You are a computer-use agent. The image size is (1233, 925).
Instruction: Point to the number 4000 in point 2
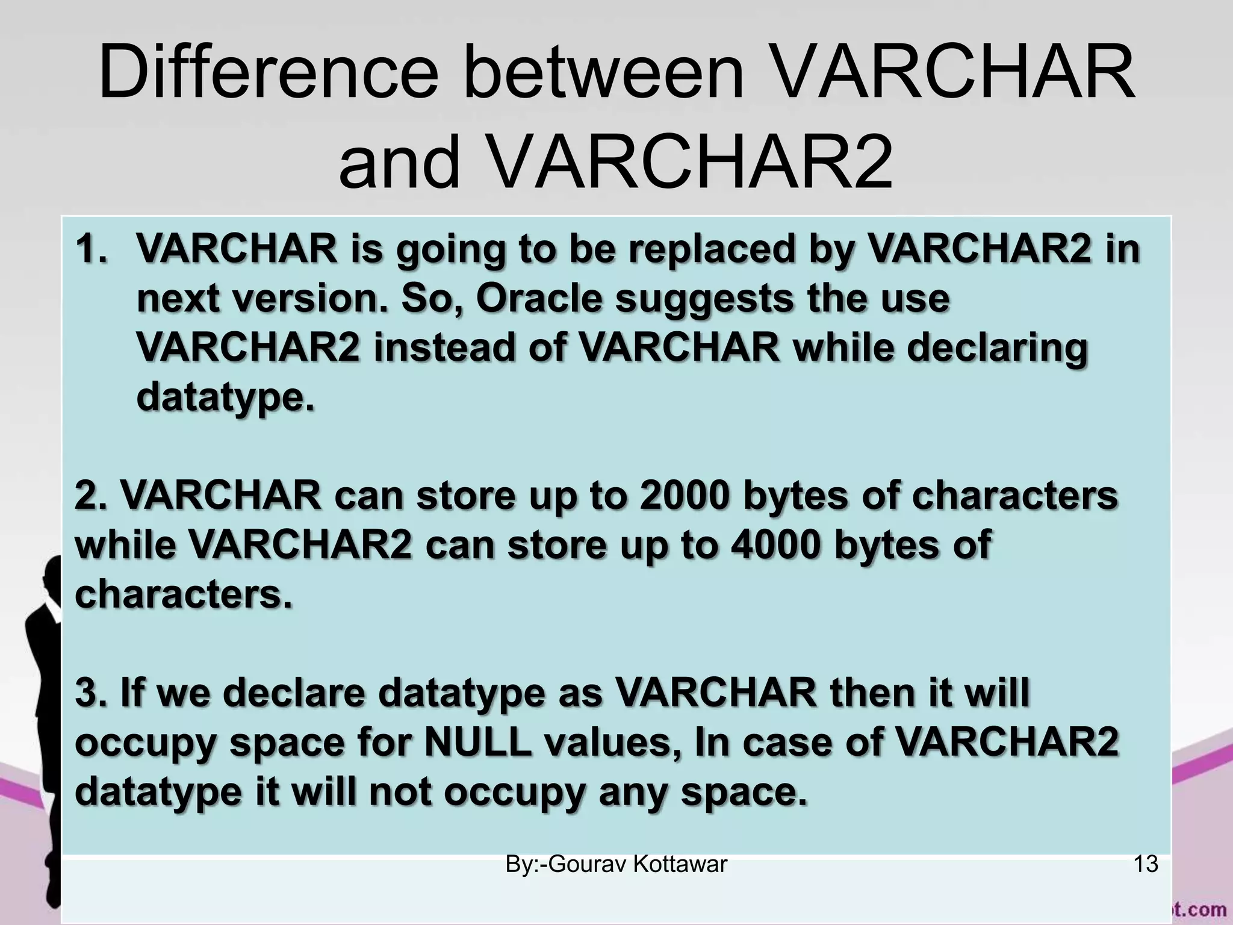[x=774, y=545]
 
